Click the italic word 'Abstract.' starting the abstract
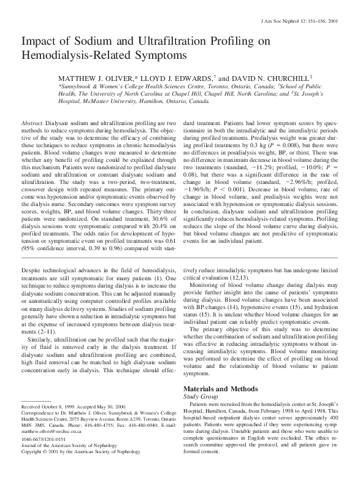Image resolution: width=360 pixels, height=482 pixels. [x=34, y=123]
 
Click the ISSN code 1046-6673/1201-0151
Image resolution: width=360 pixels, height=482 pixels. [x=47, y=457]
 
